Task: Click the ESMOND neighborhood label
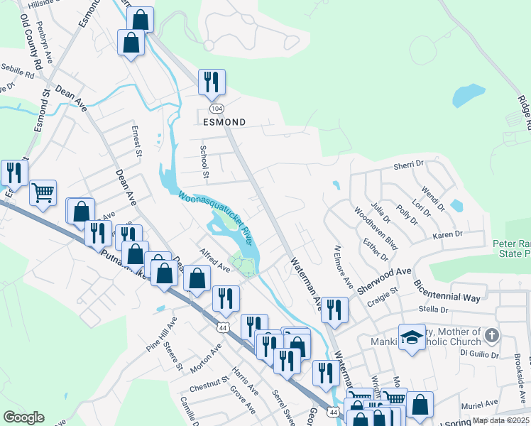pyautogui.click(x=224, y=122)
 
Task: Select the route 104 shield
pyautogui.click(x=216, y=107)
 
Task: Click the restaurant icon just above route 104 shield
pyautogui.click(x=212, y=82)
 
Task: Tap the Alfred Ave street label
pyautogui.click(x=214, y=261)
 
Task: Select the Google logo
pyautogui.click(x=23, y=417)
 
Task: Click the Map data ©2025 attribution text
pyautogui.click(x=500, y=420)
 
